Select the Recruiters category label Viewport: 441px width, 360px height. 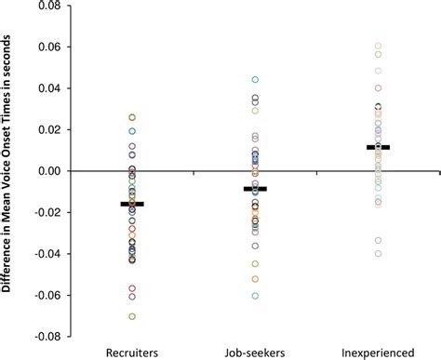click(132, 353)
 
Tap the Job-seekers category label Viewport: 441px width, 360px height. click(255, 353)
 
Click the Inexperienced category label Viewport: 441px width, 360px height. click(378, 353)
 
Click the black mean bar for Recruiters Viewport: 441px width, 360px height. click(132, 204)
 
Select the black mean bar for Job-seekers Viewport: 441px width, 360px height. click(255, 189)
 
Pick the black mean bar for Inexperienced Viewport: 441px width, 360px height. click(378, 147)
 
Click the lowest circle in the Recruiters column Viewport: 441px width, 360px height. click(132, 316)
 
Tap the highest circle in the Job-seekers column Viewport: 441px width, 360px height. click(255, 80)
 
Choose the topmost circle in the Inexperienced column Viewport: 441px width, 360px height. click(378, 46)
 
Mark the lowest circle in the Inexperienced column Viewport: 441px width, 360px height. click(378, 253)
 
